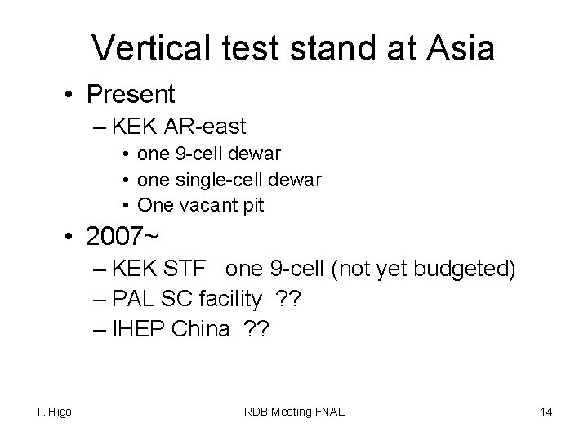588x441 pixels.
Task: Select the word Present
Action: click(x=131, y=95)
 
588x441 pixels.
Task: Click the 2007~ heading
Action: click(x=122, y=238)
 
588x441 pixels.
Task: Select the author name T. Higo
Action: click(x=54, y=412)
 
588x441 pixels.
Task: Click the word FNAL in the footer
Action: click(x=327, y=412)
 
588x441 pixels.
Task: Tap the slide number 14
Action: click(x=546, y=412)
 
